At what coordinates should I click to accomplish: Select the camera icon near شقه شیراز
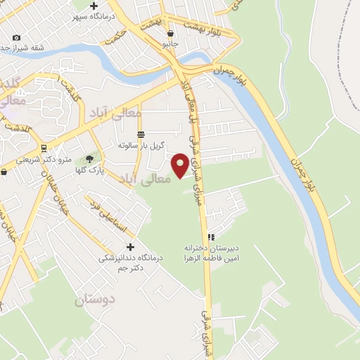click(x=16, y=37)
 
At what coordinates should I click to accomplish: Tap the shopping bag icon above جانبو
click(x=170, y=33)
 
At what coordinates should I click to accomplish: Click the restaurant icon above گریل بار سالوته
click(x=141, y=134)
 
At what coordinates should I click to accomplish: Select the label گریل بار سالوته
click(x=141, y=146)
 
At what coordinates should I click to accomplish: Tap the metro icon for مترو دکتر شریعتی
click(x=44, y=148)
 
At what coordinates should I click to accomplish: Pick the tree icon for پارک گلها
click(x=89, y=159)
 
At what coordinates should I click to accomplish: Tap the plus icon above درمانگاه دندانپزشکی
click(x=130, y=247)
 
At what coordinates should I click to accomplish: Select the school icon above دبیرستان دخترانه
click(x=210, y=237)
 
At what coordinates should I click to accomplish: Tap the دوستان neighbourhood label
click(x=94, y=300)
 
